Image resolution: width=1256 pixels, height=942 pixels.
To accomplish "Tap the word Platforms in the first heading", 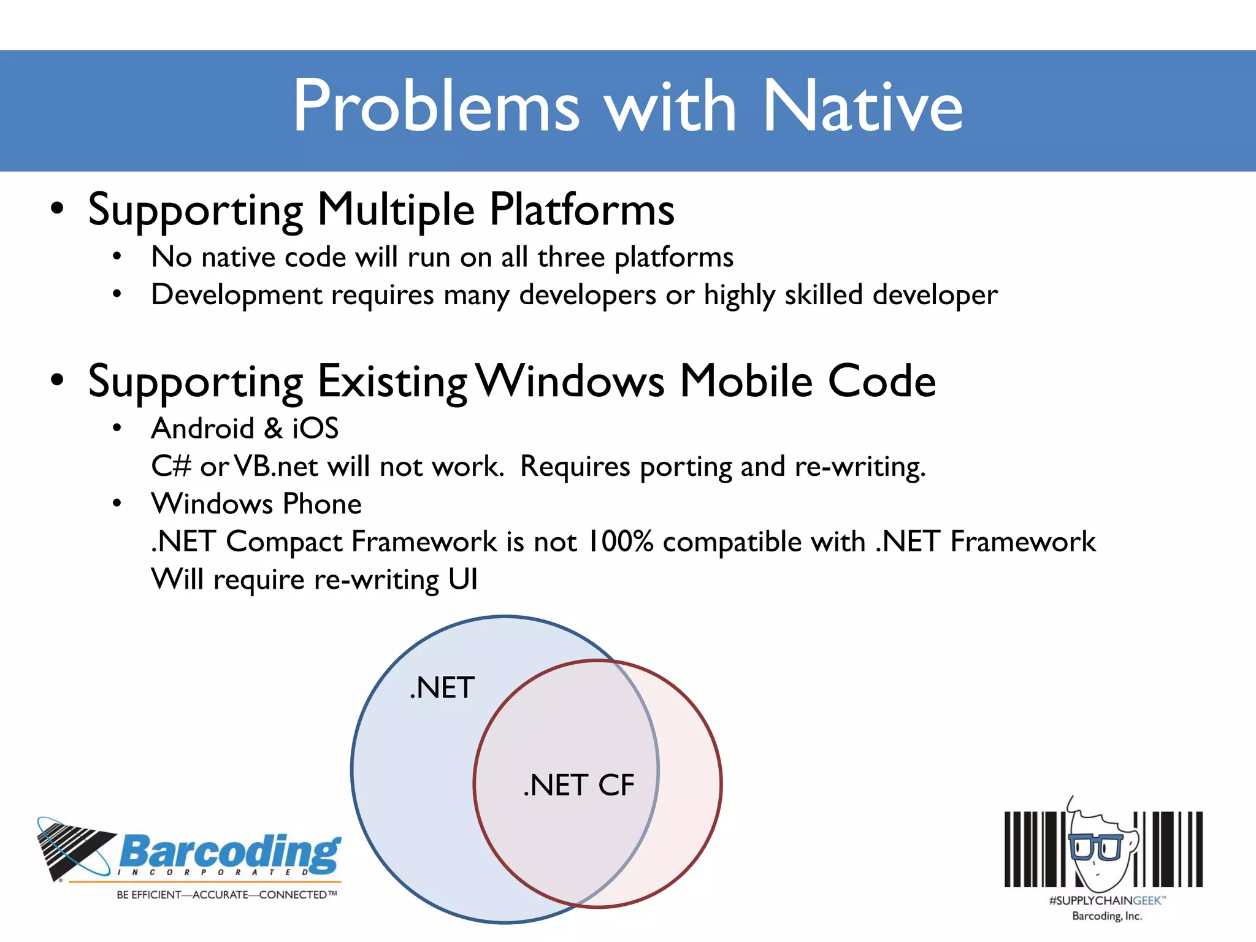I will click(581, 210).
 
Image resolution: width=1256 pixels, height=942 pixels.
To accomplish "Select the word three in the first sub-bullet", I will click(570, 257).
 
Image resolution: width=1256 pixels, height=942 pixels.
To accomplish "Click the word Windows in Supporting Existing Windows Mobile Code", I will click(570, 381).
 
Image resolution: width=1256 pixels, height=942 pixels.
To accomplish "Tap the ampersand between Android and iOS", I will click(274, 429).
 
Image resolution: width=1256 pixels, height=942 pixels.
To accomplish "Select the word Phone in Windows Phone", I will click(322, 504).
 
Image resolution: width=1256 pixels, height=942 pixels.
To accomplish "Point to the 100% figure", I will click(620, 542).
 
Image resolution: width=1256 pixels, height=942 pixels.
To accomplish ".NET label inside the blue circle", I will click(442, 688).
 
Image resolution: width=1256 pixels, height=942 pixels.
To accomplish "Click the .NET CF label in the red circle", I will click(579, 786).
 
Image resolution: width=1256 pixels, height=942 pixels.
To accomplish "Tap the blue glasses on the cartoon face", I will click(1095, 848).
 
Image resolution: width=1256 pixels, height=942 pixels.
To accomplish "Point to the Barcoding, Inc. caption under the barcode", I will click(1106, 916).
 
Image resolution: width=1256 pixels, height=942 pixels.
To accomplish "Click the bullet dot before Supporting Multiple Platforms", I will click(57, 209).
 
